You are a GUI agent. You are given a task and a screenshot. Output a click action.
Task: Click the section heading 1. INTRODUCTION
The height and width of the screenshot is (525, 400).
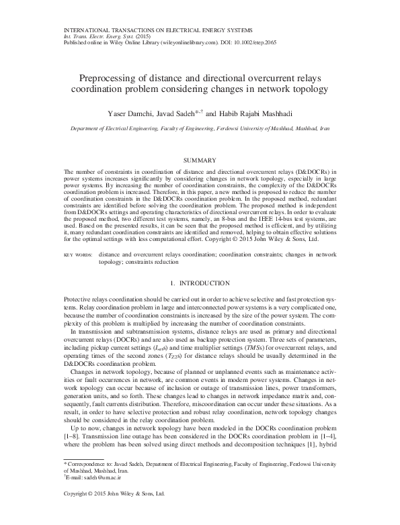coord(200,285)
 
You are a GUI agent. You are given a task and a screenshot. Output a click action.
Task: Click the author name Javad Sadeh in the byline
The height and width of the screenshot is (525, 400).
coord(179,114)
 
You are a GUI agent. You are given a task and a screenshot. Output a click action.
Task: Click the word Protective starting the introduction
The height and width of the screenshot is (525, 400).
coord(78,298)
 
